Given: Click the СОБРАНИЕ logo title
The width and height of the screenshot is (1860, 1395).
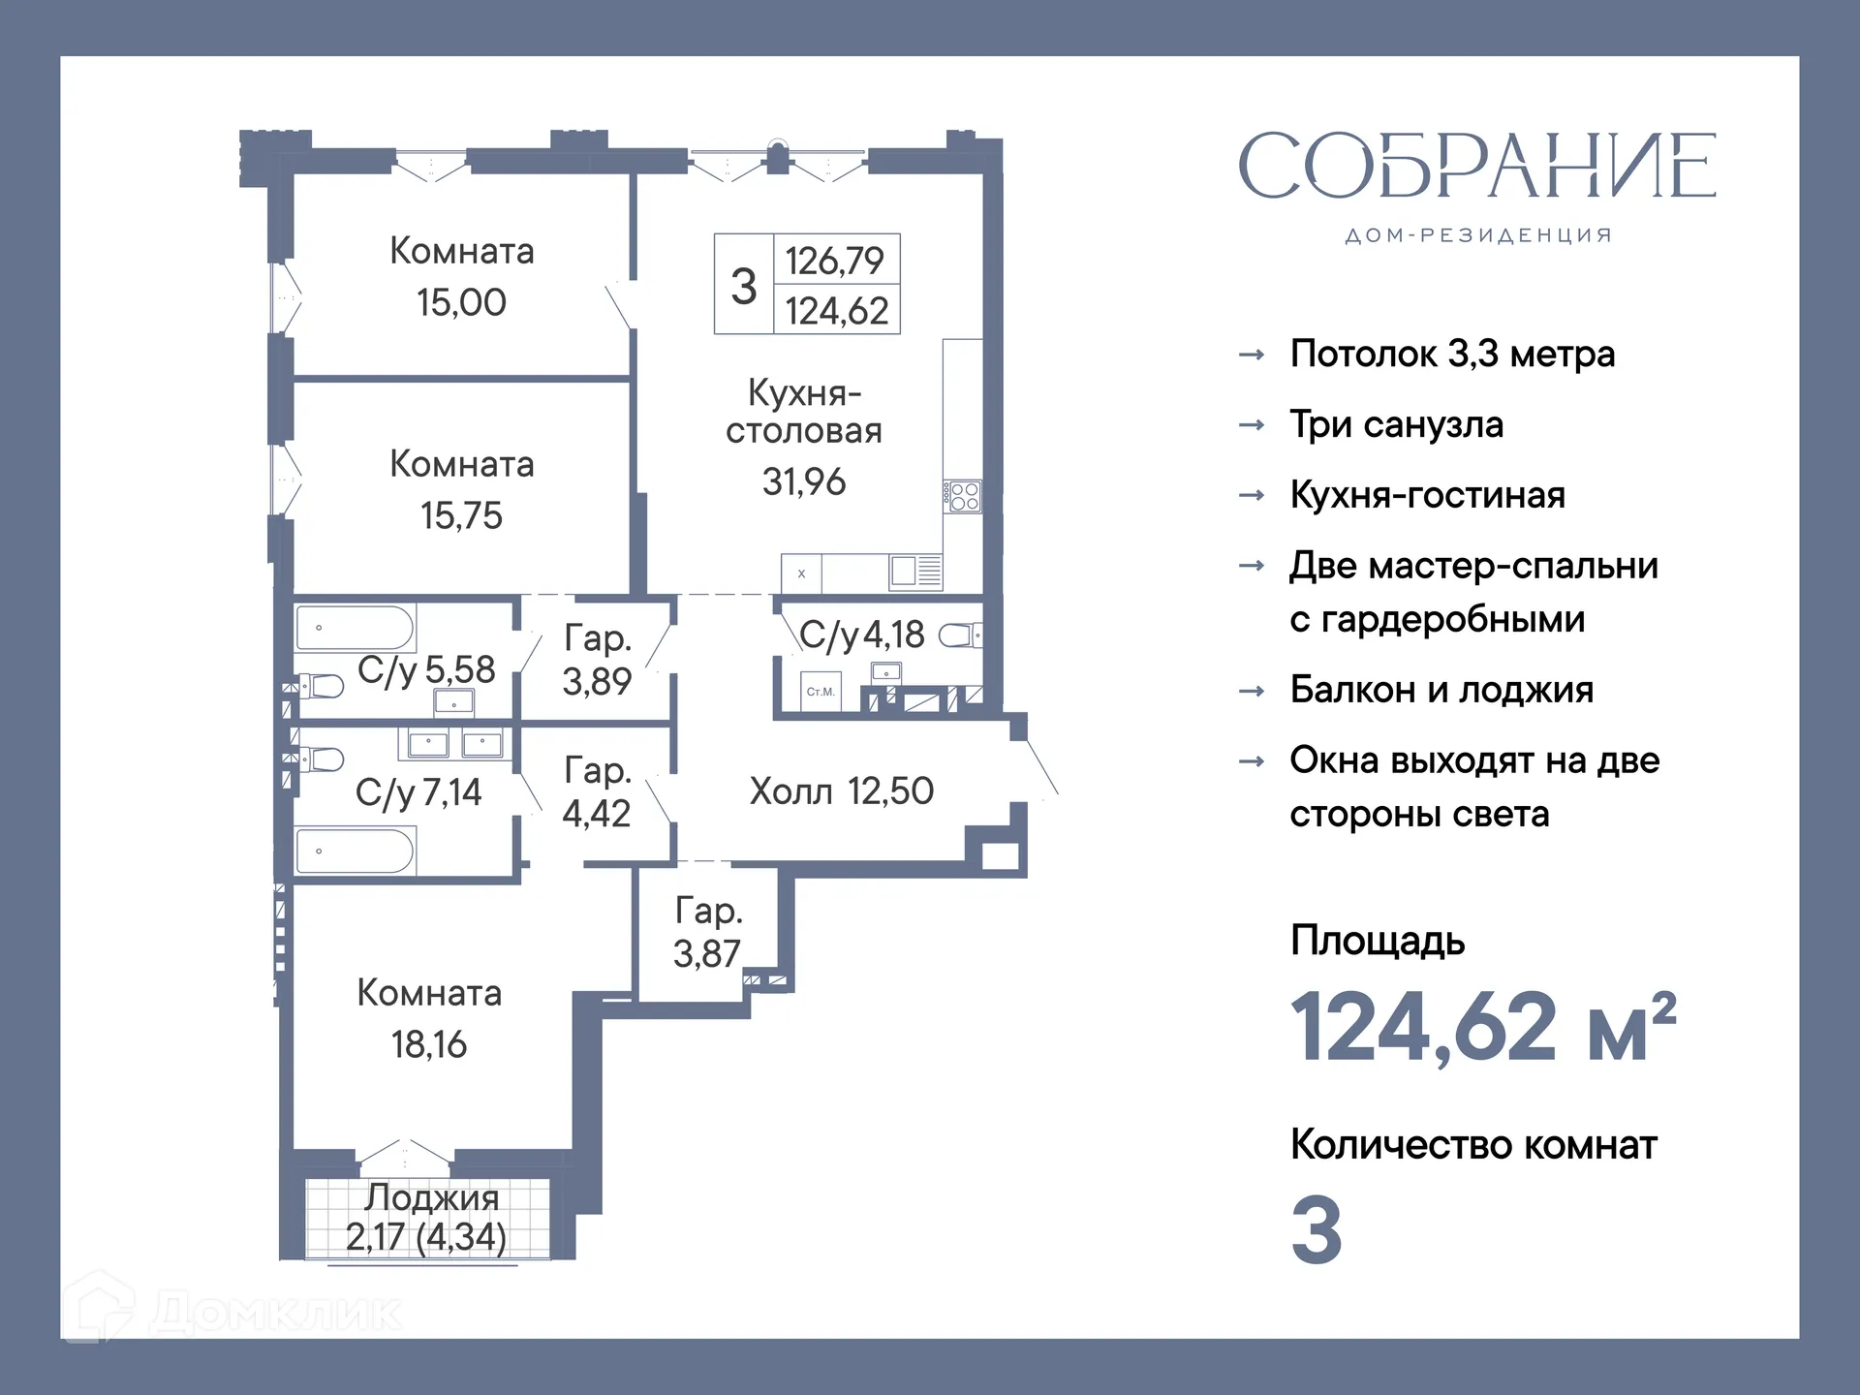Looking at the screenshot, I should tap(1476, 166).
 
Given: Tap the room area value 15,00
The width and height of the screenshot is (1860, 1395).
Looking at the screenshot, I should tap(461, 303).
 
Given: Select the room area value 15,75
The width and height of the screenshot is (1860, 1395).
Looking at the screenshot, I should tap(461, 515).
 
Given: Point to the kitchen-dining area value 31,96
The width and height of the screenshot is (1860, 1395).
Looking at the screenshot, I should tap(803, 481).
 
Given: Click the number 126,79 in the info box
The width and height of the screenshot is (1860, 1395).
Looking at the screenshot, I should tap(834, 261).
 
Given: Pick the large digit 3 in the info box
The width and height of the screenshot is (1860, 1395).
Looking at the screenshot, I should tap(743, 286).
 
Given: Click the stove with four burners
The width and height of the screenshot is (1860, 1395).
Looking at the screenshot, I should tap(964, 497).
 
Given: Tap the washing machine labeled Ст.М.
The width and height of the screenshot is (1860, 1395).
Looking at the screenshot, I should tap(821, 692).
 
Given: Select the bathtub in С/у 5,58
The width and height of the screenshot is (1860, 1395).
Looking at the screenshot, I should tap(355, 628).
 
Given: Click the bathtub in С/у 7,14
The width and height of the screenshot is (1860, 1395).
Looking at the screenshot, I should tap(355, 852).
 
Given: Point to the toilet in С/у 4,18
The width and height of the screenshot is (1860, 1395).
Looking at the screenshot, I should tap(959, 635).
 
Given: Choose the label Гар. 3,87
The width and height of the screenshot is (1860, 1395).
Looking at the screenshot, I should tap(708, 932).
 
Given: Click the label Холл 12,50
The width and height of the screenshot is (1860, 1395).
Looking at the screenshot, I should tap(841, 791).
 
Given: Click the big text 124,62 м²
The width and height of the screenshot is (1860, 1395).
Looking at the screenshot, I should tap(1482, 1027).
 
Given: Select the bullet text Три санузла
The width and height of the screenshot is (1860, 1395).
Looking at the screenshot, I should tap(1396, 424).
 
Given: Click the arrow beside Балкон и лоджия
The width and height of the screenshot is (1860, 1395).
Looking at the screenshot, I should tap(1252, 691).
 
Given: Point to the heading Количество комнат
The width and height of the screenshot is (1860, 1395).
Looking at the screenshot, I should tap(1472, 1145).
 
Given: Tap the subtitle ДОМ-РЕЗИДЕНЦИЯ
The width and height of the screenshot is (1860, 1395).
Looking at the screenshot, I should tap(1477, 235).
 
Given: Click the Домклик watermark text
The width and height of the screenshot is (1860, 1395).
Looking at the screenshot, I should tap(276, 1314).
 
